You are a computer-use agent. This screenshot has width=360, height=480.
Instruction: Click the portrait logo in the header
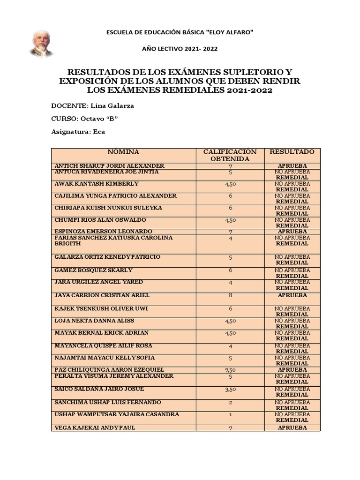click(41, 44)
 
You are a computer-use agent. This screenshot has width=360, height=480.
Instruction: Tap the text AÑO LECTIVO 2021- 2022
click(180, 49)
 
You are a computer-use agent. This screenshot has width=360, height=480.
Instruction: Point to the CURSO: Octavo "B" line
click(84, 119)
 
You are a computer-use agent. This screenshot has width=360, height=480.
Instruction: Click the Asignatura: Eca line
click(78, 132)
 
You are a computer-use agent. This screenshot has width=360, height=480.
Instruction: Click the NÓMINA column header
click(123, 152)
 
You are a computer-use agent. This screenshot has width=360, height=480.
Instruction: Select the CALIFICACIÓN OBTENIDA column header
click(230, 155)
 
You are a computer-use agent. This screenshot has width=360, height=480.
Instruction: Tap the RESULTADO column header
click(292, 152)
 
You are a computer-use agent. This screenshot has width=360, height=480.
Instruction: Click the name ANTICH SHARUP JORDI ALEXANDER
click(110, 166)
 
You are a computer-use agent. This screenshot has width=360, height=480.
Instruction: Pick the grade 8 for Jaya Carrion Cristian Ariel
click(230, 295)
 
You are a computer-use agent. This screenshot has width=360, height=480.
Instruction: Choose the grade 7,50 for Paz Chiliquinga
click(230, 370)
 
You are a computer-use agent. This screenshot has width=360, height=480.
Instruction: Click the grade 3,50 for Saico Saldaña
click(230, 390)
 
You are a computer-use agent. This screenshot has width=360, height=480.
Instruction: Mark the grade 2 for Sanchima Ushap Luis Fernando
click(230, 403)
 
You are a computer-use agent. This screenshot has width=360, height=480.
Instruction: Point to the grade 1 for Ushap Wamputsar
click(230, 415)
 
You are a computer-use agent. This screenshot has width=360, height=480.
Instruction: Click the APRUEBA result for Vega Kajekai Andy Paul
click(292, 428)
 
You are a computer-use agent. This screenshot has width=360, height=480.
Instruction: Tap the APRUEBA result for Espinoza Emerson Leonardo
click(292, 232)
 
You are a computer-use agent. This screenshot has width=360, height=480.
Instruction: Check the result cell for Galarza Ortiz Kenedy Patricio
click(292, 260)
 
